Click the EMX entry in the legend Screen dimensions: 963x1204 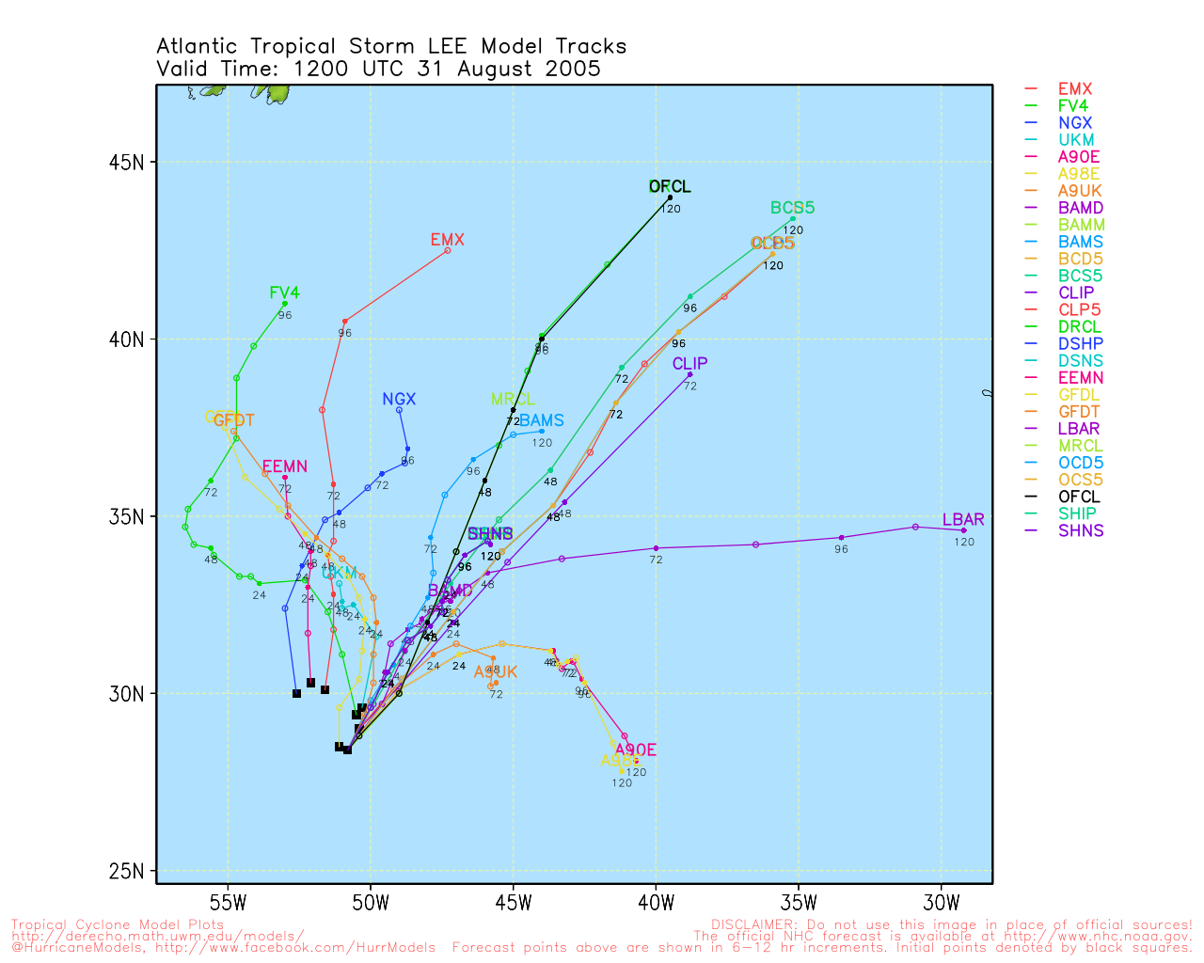coord(1074,89)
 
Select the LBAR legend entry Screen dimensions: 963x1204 coord(1078,429)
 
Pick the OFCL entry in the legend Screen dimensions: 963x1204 coord(1078,497)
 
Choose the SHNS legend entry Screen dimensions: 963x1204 coord(1080,530)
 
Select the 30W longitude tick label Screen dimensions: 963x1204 coord(942,904)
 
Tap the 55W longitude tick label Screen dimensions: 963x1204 coord(228,904)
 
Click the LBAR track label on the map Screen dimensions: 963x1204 coord(963,520)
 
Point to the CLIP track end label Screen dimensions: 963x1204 coord(689,364)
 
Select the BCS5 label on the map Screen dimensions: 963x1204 coord(792,208)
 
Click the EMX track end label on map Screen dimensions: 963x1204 coord(448,240)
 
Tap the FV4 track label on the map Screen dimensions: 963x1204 coord(284,293)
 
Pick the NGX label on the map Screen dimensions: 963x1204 coord(399,400)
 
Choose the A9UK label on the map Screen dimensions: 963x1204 coord(496,672)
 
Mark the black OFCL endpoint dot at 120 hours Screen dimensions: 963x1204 coord(670,197)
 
